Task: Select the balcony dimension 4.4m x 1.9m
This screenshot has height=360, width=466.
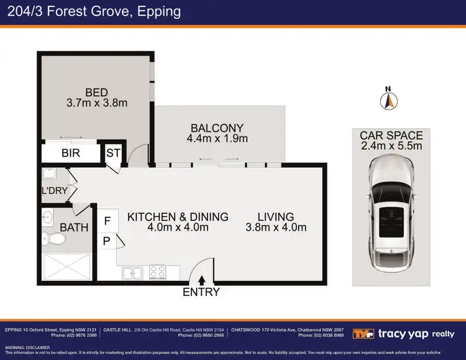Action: pos(217,139)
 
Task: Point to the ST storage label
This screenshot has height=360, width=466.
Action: pos(114,153)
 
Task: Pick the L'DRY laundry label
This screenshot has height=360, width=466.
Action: pos(54,191)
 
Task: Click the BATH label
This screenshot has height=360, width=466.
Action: pos(74,228)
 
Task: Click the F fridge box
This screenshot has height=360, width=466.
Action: pos(107,220)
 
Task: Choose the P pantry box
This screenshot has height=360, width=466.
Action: pos(107,241)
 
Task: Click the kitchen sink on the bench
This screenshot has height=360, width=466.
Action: pos(133,272)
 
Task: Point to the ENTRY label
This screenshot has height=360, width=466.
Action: pos(201,292)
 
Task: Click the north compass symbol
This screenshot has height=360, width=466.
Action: pos(389,99)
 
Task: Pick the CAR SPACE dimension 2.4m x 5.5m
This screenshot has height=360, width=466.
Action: pos(391,146)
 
